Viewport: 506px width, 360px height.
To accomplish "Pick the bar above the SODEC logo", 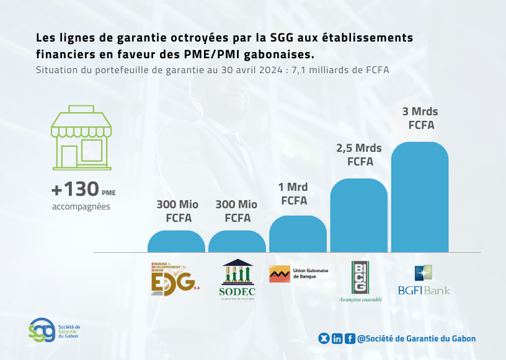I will (x=237, y=241).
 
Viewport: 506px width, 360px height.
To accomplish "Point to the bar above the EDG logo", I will (x=176, y=241).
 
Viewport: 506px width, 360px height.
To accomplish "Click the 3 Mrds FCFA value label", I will (x=421, y=118).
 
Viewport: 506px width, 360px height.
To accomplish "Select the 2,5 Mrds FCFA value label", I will (x=359, y=155).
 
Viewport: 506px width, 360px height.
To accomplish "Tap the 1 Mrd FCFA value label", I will (x=294, y=193).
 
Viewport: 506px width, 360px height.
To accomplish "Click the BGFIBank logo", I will (x=424, y=280).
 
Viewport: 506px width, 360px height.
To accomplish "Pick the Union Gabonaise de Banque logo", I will (x=298, y=273).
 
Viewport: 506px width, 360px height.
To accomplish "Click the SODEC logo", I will (x=237, y=278).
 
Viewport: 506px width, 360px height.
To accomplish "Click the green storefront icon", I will (x=81, y=137).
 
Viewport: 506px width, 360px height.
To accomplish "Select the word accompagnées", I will (x=81, y=206).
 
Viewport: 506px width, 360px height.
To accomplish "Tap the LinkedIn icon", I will (x=337, y=338).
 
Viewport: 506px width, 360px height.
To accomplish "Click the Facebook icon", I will (x=350, y=338).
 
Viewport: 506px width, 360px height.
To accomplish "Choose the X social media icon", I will (x=324, y=338).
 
